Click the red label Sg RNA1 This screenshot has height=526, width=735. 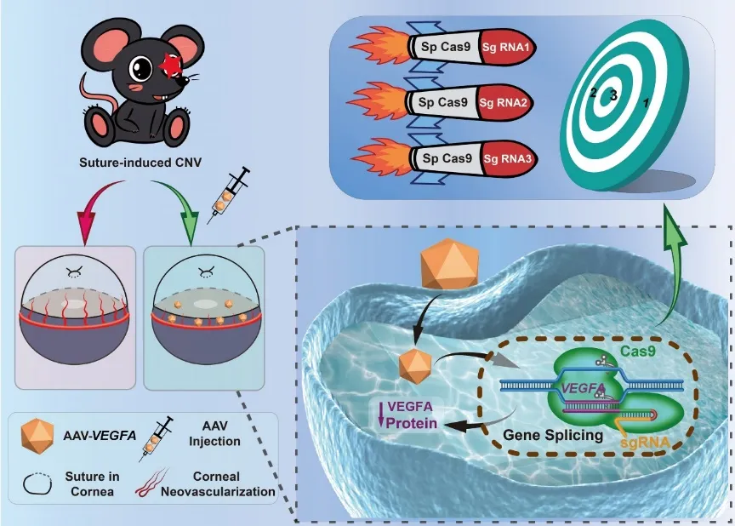(x=508, y=48)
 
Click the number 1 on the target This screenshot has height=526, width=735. (x=647, y=101)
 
